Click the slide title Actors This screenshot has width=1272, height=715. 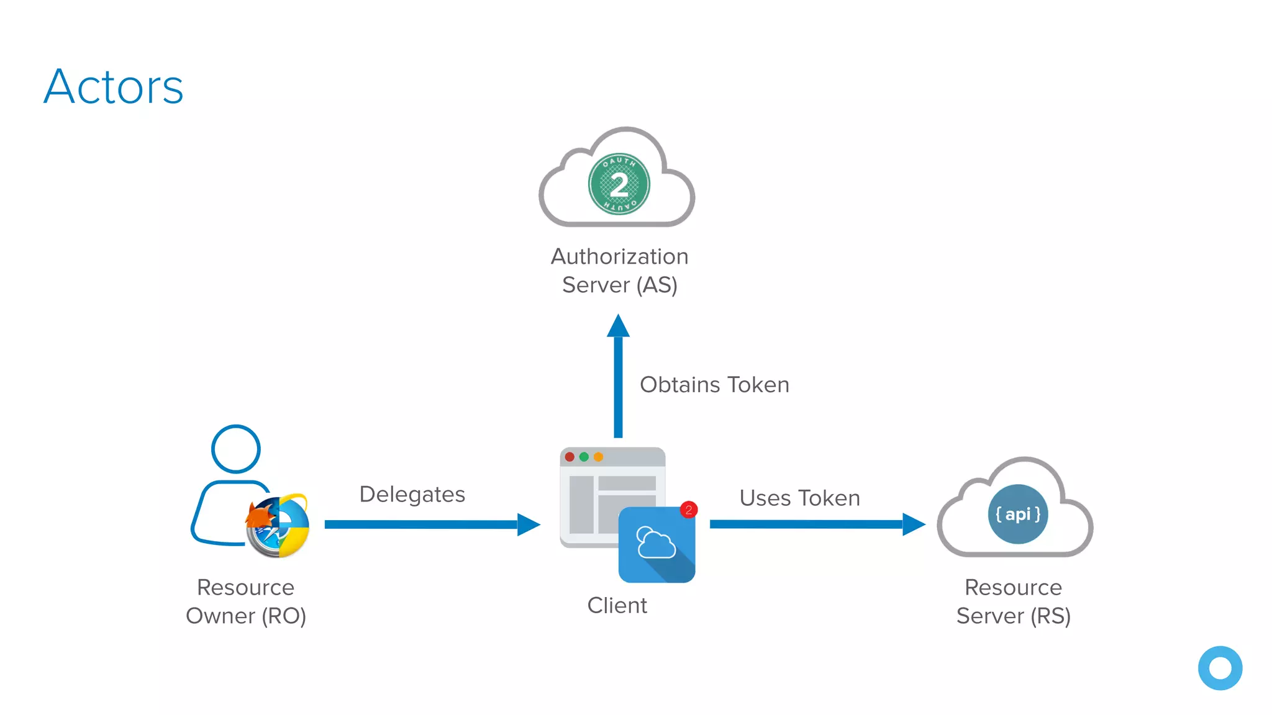(114, 87)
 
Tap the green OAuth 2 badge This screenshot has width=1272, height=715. (619, 184)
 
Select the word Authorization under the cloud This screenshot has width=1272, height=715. (619, 256)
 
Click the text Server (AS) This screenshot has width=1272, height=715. (619, 285)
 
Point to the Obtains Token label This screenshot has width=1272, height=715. (714, 385)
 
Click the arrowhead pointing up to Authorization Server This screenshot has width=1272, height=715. (618, 326)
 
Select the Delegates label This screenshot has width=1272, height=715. (412, 495)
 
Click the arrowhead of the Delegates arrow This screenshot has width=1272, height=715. (528, 524)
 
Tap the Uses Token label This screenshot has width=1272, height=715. (799, 498)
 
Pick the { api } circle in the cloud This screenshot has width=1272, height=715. (1017, 515)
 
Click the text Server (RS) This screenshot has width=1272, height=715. (1013, 616)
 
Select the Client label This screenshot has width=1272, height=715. (617, 605)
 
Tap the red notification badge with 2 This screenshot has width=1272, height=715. (689, 510)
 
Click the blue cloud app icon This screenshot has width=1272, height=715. (656, 545)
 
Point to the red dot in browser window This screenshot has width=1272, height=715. (570, 457)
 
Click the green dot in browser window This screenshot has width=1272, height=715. (584, 457)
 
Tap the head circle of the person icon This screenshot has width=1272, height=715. (235, 449)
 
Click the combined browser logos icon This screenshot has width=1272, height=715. (278, 526)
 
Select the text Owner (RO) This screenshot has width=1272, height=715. (246, 616)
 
